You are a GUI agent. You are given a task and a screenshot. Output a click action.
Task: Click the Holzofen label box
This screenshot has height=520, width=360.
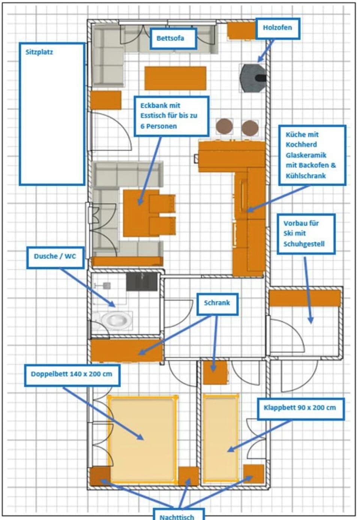tap(277, 28)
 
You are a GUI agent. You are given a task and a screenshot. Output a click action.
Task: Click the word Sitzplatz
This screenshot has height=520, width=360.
tap(39, 52)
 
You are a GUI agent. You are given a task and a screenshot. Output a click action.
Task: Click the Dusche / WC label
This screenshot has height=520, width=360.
tap(55, 257)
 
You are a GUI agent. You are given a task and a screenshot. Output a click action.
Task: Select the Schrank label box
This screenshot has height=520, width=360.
tap(217, 303)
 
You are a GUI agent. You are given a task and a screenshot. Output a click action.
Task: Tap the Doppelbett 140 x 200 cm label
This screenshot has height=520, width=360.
tap(72, 374)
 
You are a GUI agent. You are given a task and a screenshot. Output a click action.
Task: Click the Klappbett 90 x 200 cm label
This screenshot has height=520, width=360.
tap(300, 408)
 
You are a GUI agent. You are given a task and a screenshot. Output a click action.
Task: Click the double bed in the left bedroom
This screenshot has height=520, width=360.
tap(142, 438)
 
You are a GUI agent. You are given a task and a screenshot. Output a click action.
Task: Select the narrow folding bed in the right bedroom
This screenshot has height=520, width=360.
tap(221, 438)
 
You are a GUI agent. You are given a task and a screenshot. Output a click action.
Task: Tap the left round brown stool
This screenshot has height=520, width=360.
tap(224, 126)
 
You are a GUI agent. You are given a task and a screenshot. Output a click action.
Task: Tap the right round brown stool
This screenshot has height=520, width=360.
tap(250, 128)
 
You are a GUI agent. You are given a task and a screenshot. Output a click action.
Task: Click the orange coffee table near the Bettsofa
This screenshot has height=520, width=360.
tap(175, 78)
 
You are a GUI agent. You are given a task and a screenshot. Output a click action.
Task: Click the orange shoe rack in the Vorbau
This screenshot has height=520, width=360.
tap(304, 299)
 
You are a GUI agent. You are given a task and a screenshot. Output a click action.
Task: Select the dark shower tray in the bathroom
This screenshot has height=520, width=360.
tap(141, 282)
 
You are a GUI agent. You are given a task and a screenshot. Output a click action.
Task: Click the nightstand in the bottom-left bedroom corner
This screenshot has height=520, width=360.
tap(99, 476)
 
